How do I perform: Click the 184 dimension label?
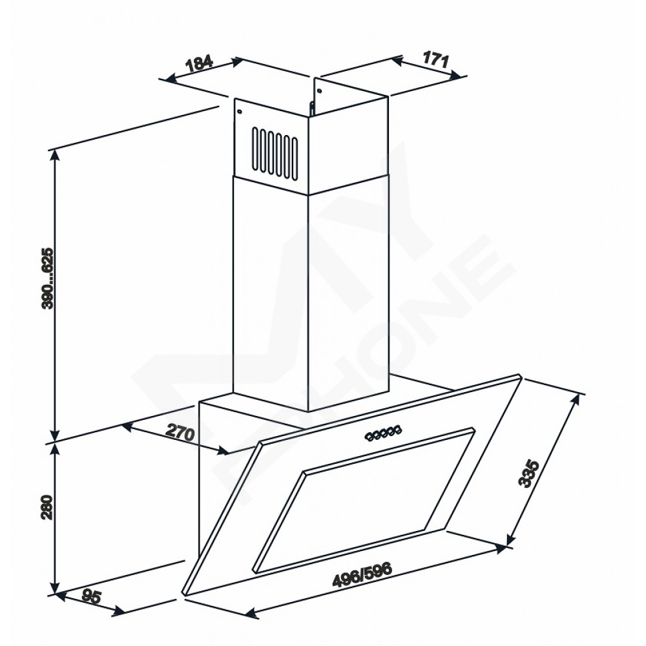point(200,63)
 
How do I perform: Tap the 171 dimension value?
point(435,60)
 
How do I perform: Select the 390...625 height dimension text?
point(48,278)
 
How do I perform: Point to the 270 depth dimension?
point(180,433)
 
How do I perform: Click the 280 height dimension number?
point(48,507)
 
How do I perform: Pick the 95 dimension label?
point(91,596)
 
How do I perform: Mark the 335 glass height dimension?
point(528,474)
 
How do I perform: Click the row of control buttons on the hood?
point(384,433)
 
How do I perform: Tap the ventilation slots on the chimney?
point(275,154)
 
